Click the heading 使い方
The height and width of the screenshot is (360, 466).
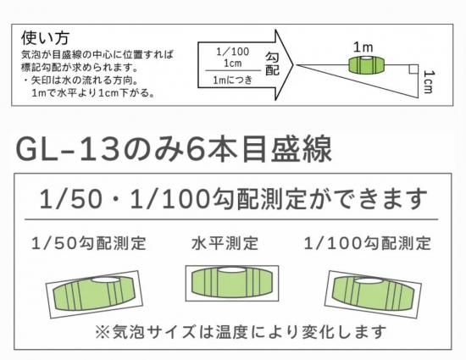(x=45, y=38)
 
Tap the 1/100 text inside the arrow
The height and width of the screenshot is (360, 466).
(x=232, y=52)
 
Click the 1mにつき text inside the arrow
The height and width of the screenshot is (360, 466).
(x=233, y=80)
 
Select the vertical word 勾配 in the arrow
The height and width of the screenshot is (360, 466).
(x=272, y=64)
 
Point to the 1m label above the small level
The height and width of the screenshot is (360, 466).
(x=363, y=47)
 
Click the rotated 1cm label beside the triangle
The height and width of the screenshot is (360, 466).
(x=428, y=81)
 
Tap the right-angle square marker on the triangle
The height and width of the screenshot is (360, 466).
(x=413, y=69)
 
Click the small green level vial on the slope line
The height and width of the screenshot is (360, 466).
(x=366, y=64)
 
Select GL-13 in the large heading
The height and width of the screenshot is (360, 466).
(x=68, y=149)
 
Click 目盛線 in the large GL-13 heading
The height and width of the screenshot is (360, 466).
(x=286, y=149)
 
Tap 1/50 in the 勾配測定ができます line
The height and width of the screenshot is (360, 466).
(x=70, y=199)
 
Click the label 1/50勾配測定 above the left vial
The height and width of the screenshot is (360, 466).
(x=89, y=243)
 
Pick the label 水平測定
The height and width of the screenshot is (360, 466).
(x=225, y=243)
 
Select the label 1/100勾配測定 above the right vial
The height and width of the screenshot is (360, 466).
(x=368, y=243)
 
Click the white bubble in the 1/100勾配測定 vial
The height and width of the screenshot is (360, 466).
(x=369, y=281)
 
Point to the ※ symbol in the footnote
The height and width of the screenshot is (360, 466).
(x=102, y=331)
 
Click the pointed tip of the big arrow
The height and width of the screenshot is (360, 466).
(x=293, y=64)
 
